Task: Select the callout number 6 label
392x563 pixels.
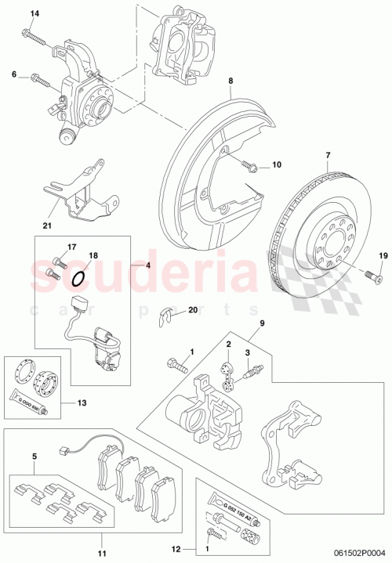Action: (13, 74)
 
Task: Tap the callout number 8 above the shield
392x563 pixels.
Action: (231, 80)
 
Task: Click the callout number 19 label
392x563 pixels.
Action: (383, 255)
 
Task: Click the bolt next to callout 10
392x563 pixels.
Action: (250, 165)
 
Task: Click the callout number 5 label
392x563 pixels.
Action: (34, 455)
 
